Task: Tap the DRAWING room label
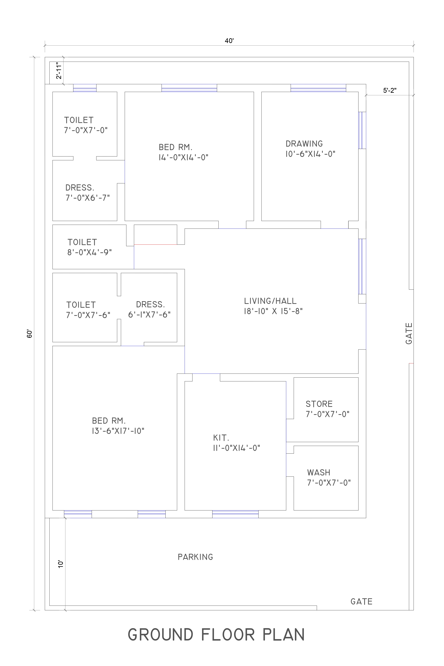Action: click(304, 144)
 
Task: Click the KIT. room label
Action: click(221, 438)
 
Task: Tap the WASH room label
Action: click(319, 473)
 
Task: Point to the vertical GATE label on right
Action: click(409, 334)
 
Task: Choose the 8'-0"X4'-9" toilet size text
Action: click(90, 252)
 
